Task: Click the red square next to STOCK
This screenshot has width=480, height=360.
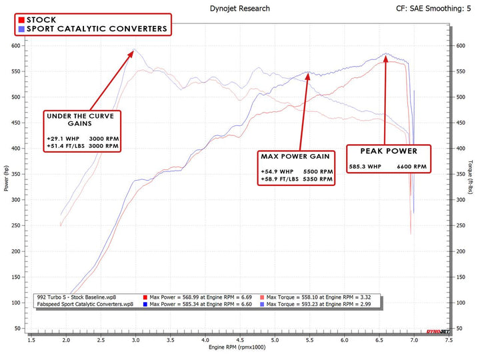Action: click(x=22, y=20)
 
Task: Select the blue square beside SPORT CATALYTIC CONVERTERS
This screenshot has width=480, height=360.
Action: click(x=22, y=29)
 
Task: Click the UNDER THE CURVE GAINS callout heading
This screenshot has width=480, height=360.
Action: click(x=83, y=119)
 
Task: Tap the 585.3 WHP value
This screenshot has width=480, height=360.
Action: click(x=366, y=167)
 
